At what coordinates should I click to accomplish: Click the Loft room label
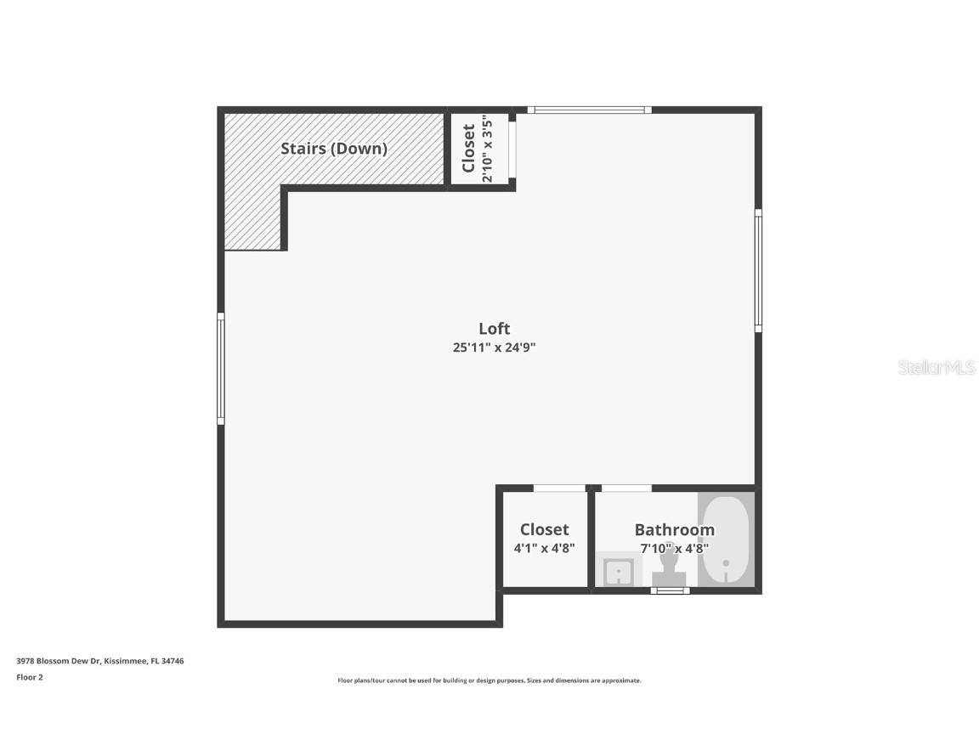(494, 329)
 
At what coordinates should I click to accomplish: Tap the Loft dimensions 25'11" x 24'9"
(494, 347)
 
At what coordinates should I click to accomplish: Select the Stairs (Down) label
(334, 149)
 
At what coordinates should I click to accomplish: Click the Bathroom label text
(674, 530)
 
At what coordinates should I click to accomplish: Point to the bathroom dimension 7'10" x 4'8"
(674, 549)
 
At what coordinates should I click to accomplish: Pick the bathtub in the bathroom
(726, 539)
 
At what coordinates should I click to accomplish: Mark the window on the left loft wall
(221, 368)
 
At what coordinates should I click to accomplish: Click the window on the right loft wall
(758, 270)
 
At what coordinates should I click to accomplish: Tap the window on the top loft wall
(589, 110)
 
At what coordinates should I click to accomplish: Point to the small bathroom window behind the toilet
(670, 590)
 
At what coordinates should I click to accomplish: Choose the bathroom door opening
(626, 488)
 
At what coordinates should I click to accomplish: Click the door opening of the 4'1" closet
(559, 488)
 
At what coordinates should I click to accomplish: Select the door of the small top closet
(512, 150)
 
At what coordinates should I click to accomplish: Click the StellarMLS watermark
(937, 368)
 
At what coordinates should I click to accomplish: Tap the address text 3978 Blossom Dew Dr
(100, 660)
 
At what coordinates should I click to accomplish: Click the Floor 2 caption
(29, 677)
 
